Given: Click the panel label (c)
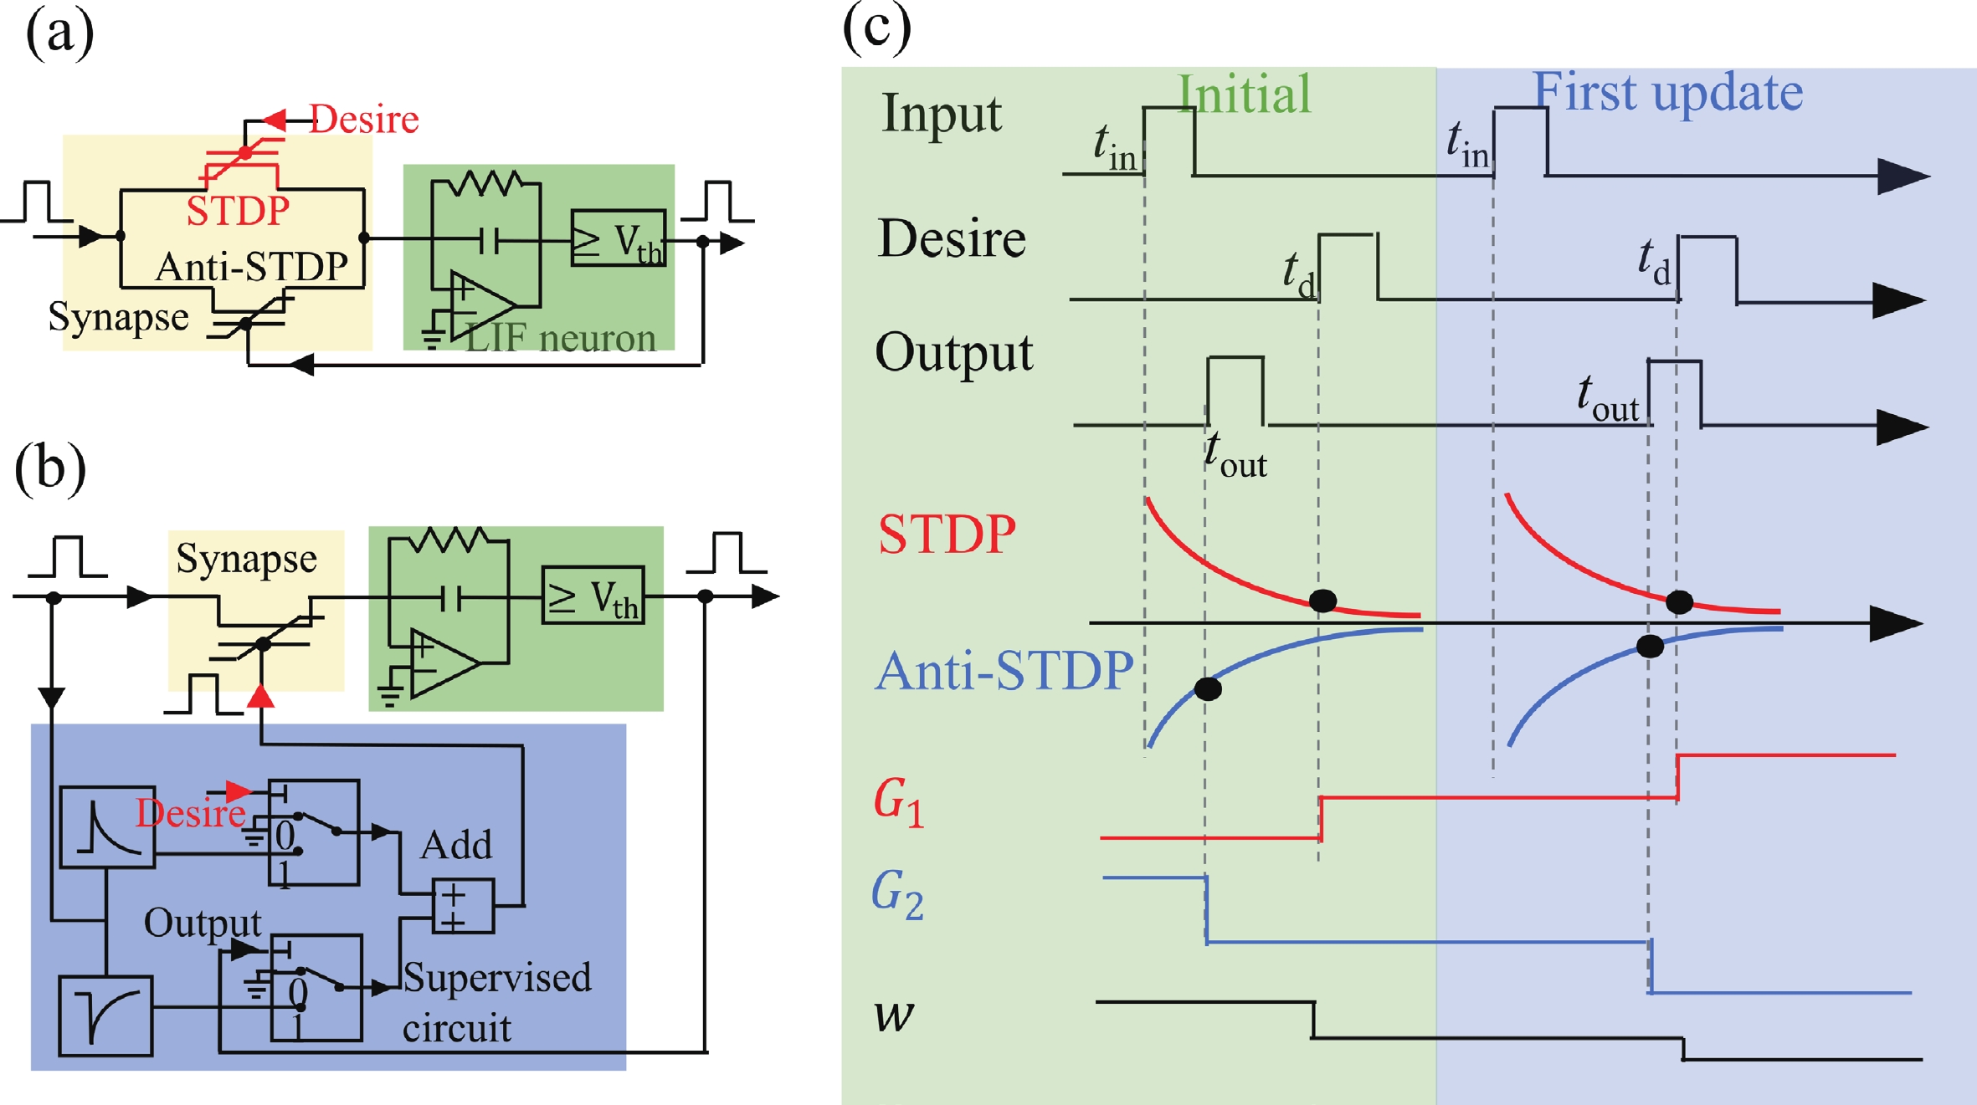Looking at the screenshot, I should coord(876,28).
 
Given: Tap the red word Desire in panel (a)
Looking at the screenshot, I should coord(364,120).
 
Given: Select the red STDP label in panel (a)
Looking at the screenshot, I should coord(238,211).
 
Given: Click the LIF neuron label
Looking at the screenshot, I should coord(560,339).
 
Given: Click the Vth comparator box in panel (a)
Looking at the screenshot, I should coord(619,238).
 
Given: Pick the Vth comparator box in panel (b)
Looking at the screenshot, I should coord(593,596).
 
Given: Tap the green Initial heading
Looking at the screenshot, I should coord(1244,94).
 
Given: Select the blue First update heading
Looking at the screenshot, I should coord(1667,91).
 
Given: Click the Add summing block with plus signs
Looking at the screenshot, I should coord(463,906).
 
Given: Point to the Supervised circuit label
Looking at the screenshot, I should coord(496,1001).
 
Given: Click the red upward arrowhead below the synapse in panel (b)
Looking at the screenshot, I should coord(261,696).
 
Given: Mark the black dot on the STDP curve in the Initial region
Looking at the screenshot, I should coord(1322,600).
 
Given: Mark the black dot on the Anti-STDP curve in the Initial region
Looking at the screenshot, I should coord(1208,688).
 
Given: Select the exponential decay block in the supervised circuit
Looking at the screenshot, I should coord(108,826).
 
